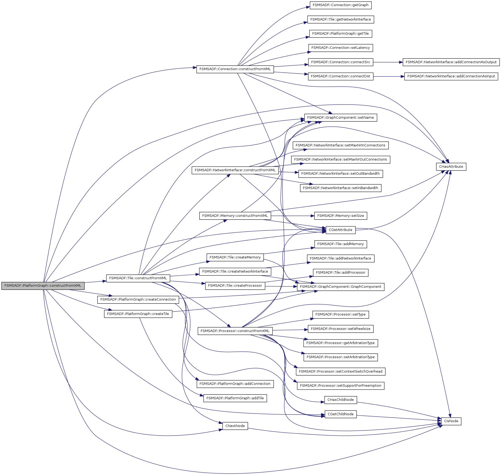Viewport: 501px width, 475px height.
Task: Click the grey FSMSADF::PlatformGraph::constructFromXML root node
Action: tap(43, 286)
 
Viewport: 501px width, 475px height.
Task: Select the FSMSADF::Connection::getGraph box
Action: tap(340, 5)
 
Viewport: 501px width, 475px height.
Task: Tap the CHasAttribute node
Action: tap(451, 167)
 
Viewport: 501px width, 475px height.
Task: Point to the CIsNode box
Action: tap(451, 421)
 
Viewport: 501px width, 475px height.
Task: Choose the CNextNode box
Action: tap(235, 426)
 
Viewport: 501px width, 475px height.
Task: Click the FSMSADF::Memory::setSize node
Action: tap(340, 216)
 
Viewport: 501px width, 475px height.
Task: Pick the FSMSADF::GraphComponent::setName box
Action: tap(340, 118)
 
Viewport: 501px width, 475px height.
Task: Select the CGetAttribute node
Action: tap(340, 230)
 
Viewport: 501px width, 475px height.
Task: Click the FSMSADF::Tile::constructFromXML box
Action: tap(138, 278)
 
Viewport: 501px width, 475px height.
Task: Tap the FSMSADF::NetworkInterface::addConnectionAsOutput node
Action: tap(451, 62)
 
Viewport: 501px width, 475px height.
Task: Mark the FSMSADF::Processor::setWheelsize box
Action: tap(340, 329)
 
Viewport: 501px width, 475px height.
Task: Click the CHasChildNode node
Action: tap(340, 400)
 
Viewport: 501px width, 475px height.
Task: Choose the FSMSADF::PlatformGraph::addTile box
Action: tap(235, 398)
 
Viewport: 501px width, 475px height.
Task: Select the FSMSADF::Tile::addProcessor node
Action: tap(340, 273)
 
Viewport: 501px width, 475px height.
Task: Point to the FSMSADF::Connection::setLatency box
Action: tap(340, 48)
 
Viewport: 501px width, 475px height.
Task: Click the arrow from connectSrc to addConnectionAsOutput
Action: tap(388, 62)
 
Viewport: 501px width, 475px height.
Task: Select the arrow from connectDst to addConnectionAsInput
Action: tap(389, 77)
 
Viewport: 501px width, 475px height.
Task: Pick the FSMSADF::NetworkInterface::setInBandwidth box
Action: tap(340, 188)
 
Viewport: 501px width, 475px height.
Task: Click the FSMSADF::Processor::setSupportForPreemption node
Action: tap(340, 386)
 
